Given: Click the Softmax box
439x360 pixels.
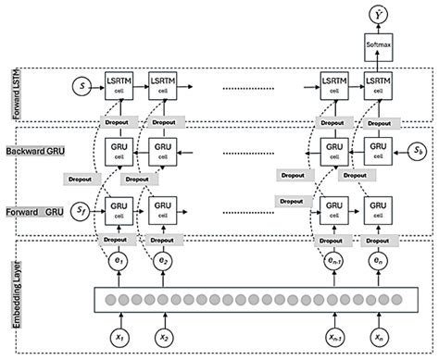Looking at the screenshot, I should (x=379, y=45).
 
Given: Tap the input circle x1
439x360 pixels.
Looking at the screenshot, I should (x=118, y=337).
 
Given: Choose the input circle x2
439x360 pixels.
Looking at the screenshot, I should (x=163, y=337).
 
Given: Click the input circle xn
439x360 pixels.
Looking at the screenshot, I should (x=379, y=337).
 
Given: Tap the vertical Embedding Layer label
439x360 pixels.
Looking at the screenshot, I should (x=12, y=296).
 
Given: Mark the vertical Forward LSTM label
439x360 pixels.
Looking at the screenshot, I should (x=12, y=97).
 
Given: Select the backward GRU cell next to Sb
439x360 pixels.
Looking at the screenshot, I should (x=379, y=150).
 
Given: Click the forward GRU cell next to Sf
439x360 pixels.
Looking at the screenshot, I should (x=119, y=207).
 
